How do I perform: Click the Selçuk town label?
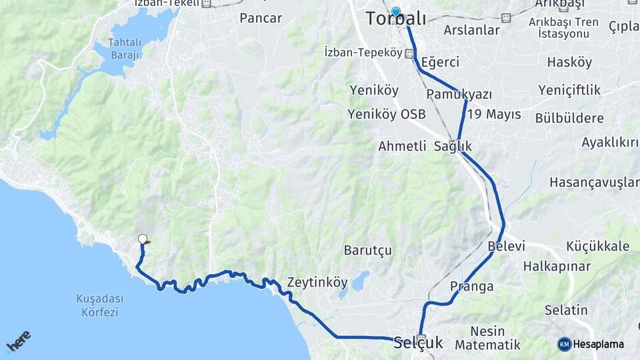pyautogui.click(x=418, y=343)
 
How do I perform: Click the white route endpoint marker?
pyautogui.click(x=142, y=239)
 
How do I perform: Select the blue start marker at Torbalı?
pyautogui.click(x=396, y=11)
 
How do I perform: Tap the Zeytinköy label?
pyautogui.click(x=317, y=282)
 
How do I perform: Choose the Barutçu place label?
pyautogui.click(x=367, y=250)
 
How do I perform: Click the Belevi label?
pyautogui.click(x=507, y=246)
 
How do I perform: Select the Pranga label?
pyautogui.click(x=471, y=287)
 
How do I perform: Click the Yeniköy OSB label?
pyautogui.click(x=387, y=114)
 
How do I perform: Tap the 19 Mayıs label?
pyautogui.click(x=494, y=114)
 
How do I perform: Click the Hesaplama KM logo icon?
pyautogui.click(x=565, y=344)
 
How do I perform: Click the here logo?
pyautogui.click(x=18, y=341)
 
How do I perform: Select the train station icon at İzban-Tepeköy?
pyautogui.click(x=409, y=53)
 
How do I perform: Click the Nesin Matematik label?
pyautogui.click(x=487, y=338)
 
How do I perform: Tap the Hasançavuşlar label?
pyautogui.click(x=594, y=182)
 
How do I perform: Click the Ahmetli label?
pyautogui.click(x=402, y=146)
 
